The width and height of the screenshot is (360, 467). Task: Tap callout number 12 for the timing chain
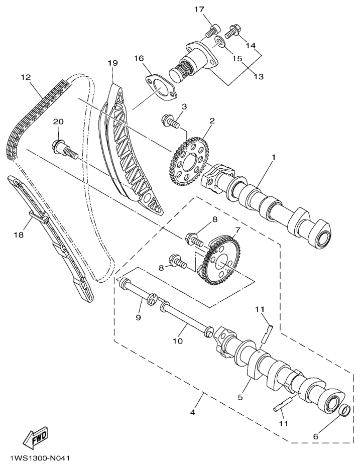point(26,78)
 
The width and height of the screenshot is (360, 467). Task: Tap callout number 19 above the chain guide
point(112,63)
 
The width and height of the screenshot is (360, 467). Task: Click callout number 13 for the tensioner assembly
point(259,77)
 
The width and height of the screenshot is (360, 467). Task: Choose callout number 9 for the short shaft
point(139,317)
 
